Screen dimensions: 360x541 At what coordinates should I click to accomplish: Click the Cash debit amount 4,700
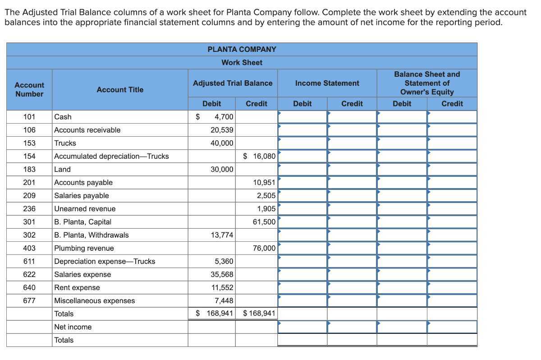(x=224, y=117)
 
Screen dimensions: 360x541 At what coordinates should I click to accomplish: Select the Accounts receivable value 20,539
(x=222, y=130)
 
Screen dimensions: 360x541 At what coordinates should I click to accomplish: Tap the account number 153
(x=29, y=143)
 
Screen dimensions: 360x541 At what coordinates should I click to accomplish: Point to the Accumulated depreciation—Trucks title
(x=111, y=156)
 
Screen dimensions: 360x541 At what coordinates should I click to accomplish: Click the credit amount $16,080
(x=259, y=156)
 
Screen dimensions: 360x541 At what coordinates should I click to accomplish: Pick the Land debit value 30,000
(x=222, y=169)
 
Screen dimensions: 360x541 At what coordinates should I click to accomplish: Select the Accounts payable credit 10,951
(x=264, y=182)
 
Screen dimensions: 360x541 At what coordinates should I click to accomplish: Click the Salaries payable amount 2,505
(x=266, y=195)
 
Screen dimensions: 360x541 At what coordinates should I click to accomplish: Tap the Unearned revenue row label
(x=85, y=209)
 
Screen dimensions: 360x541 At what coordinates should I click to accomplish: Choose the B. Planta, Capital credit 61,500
(x=264, y=222)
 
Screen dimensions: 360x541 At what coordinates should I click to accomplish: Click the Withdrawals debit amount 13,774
(x=222, y=235)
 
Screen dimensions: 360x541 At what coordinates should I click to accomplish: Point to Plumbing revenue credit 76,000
(x=264, y=248)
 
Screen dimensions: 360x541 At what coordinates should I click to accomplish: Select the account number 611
(x=29, y=261)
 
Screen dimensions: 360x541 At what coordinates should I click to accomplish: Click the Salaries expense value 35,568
(x=222, y=274)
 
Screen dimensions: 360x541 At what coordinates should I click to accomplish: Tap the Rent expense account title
(x=77, y=287)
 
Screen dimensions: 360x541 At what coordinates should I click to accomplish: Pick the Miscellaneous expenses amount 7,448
(x=224, y=300)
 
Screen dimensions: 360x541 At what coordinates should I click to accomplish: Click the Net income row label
(x=73, y=327)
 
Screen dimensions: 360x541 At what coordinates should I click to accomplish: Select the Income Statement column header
(x=327, y=83)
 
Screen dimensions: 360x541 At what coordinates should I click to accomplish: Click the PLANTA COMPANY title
(x=242, y=49)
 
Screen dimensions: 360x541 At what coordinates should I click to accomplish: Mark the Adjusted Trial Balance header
(x=233, y=83)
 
